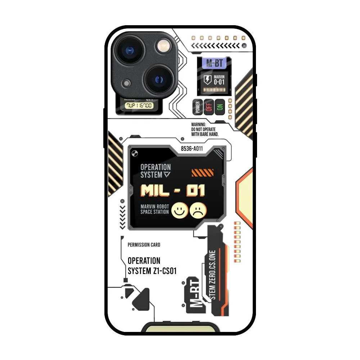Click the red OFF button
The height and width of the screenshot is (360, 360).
(208, 107)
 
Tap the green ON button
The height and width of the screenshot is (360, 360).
(219, 107)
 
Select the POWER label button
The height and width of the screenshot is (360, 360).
(197, 107)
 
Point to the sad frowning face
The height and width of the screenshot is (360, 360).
(198, 210)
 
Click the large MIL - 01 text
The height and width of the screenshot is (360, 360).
(173, 190)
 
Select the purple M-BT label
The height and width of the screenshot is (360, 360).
(214, 64)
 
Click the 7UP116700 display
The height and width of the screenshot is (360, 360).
(139, 105)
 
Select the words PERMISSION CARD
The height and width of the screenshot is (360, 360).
(144, 245)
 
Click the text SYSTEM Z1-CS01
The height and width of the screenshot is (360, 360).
(152, 271)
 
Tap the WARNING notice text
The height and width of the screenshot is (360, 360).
(204, 130)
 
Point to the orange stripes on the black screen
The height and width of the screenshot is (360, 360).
(203, 173)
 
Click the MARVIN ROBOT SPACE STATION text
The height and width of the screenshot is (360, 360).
(154, 209)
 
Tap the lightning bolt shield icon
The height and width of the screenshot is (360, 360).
(208, 80)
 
